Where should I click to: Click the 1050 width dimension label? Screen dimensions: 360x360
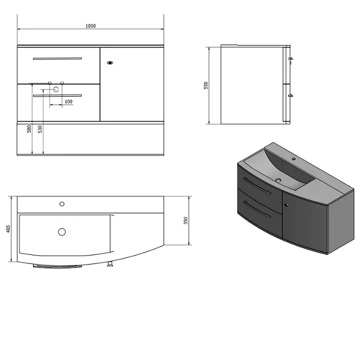90,26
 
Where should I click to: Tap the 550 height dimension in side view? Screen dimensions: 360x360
206,85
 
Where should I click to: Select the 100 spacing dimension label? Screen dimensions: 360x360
69,102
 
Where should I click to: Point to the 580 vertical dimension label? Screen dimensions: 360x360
29,129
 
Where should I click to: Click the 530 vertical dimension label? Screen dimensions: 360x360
40,129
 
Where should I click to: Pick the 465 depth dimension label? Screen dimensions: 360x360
8,229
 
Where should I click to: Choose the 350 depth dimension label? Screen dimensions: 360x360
186,221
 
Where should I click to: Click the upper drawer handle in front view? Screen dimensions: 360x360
57,58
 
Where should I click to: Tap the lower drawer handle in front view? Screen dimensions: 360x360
57,95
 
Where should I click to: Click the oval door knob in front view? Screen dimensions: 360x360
110,63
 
